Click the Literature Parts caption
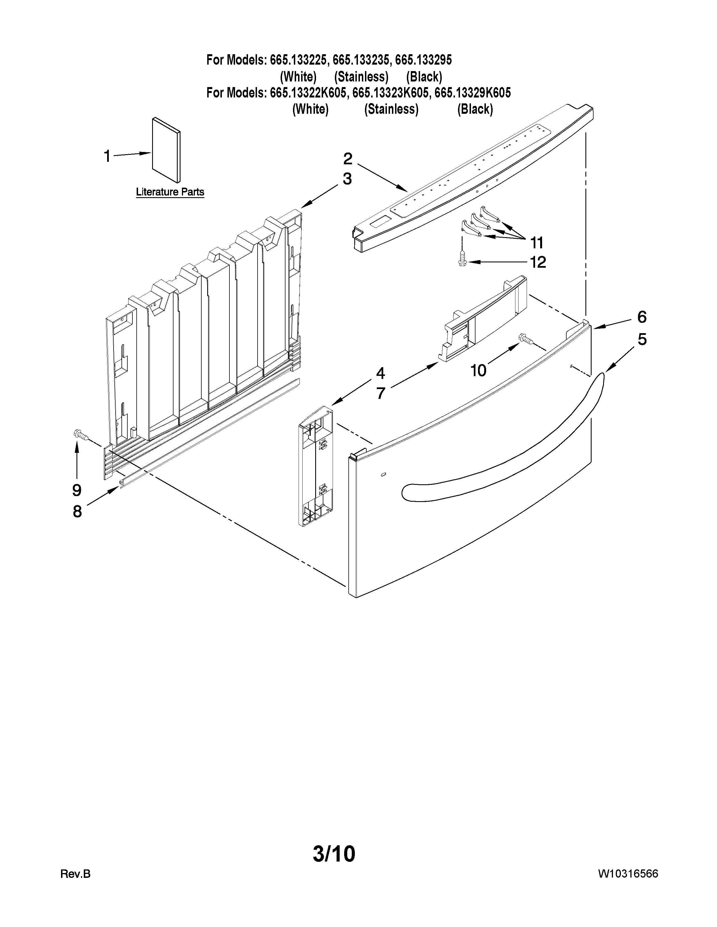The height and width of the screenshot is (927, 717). point(170,192)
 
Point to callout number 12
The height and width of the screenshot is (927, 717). point(538,262)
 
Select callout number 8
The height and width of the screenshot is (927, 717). point(77,512)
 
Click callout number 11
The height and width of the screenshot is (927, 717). point(537,243)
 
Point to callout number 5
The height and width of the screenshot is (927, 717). point(642,340)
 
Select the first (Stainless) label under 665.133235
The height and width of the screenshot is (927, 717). point(361,77)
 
